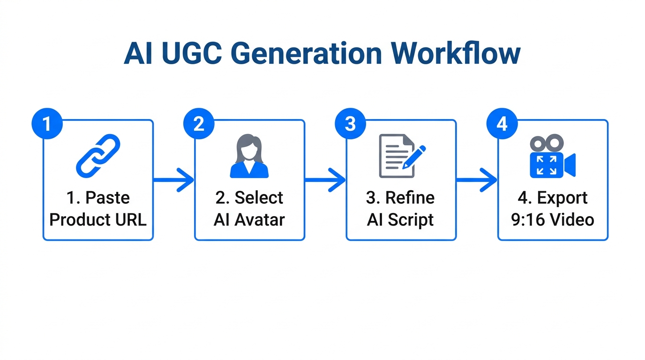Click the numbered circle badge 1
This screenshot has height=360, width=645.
click(x=47, y=124)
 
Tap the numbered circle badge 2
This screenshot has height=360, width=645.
click(x=199, y=124)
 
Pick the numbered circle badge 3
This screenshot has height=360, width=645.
click(x=350, y=124)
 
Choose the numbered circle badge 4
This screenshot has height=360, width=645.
click(x=502, y=124)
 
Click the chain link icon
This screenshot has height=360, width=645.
click(x=98, y=156)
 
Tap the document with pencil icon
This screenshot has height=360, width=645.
click(x=401, y=156)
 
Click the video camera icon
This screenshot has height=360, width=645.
click(x=552, y=157)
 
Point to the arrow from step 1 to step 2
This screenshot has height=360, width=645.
click(x=173, y=180)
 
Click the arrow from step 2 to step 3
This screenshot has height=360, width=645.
click(x=325, y=180)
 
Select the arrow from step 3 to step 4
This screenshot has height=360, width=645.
click(x=477, y=180)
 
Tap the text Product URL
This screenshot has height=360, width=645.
click(x=98, y=219)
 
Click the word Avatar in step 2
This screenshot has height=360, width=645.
click(x=259, y=219)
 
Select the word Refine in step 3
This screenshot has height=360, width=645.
click(x=409, y=198)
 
